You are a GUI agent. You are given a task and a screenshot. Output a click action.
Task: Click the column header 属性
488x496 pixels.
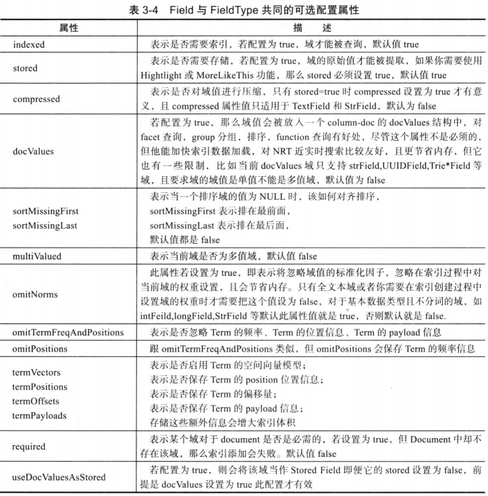(70, 30)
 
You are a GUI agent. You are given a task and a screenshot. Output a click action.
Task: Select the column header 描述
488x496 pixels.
(310, 30)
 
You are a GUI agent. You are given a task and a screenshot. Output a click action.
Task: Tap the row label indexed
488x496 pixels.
(30, 44)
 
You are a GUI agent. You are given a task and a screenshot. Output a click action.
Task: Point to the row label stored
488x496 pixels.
(26, 68)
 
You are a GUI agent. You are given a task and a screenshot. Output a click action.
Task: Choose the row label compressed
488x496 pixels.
(36, 99)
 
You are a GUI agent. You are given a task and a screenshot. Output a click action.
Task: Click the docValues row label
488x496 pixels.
(32, 152)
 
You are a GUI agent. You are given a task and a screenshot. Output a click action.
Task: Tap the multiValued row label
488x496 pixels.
(36, 256)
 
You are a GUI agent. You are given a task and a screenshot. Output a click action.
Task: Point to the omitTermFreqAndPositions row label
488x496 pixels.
(68, 332)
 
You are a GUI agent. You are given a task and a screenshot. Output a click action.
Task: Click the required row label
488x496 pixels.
(30, 446)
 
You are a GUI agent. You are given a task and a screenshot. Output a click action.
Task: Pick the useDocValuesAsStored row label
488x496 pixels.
(59, 477)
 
